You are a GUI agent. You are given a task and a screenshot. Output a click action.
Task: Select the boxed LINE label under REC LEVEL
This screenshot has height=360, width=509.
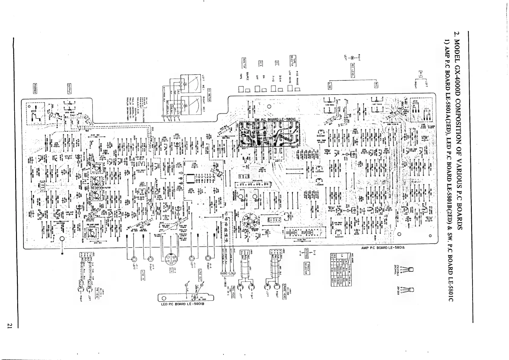coord(330,86)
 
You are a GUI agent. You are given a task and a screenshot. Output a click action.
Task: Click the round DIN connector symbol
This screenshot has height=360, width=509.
coord(171,259)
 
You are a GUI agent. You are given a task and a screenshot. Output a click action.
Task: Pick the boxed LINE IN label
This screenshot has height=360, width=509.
coord(142,275)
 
